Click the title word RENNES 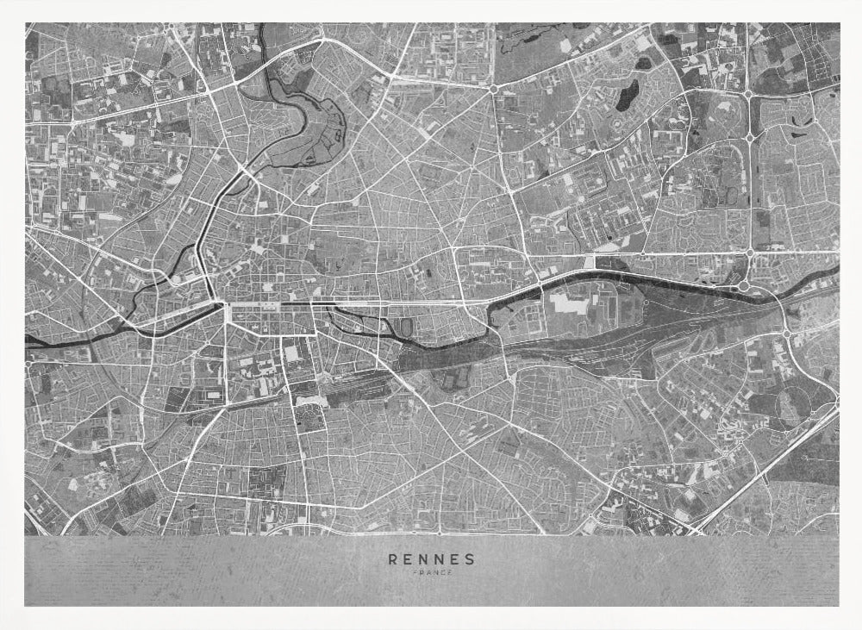click(431, 558)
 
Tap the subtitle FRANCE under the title click(431, 573)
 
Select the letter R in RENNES click(393, 558)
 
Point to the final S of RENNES click(470, 558)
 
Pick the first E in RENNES click(409, 558)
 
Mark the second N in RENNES click(439, 558)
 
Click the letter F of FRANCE click(415, 573)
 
